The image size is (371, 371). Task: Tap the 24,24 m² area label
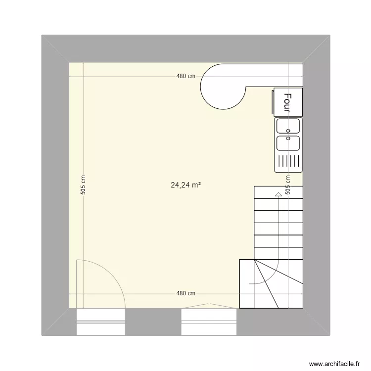pos(186,185)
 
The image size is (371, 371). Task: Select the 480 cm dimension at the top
pos(186,77)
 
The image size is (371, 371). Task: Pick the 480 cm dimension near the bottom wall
pos(186,293)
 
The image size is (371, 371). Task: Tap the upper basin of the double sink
pos(288,126)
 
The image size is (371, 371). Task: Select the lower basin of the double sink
pos(288,143)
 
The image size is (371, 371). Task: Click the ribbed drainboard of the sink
pos(288,161)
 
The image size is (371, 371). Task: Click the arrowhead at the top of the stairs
pos(278,194)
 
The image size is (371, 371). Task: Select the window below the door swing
pos(100,322)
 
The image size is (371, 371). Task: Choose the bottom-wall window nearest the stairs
pos(210,322)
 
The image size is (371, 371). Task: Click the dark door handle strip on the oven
pos(274,101)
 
